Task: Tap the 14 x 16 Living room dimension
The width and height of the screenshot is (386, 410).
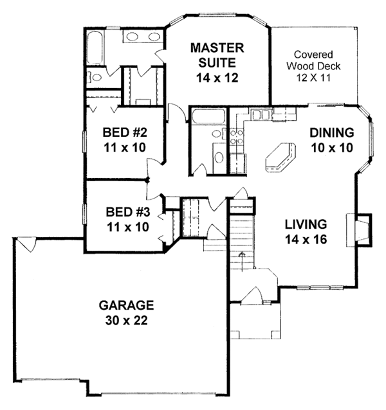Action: point(306,241)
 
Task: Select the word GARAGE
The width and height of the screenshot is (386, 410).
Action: point(127,305)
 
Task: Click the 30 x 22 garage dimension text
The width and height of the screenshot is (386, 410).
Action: point(127,321)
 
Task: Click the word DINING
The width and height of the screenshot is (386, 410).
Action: point(331,134)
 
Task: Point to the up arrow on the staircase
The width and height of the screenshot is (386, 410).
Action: point(242,255)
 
